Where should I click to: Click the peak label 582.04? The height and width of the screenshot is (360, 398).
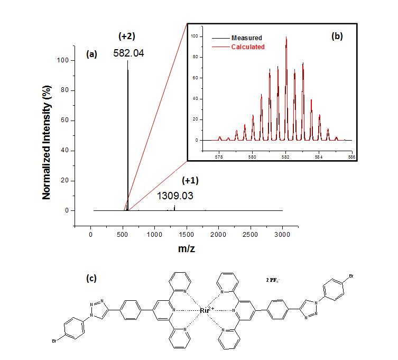pos(128,53)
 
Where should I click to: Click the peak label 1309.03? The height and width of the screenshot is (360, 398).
pos(175,196)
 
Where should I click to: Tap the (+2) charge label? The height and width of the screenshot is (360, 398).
pos(127,36)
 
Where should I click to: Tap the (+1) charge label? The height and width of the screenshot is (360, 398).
pos(190,180)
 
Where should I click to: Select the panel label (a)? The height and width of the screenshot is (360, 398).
pos(91,53)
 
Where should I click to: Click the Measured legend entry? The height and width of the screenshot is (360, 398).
pos(246,38)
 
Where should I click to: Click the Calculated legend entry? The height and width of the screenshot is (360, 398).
pos(248,47)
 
